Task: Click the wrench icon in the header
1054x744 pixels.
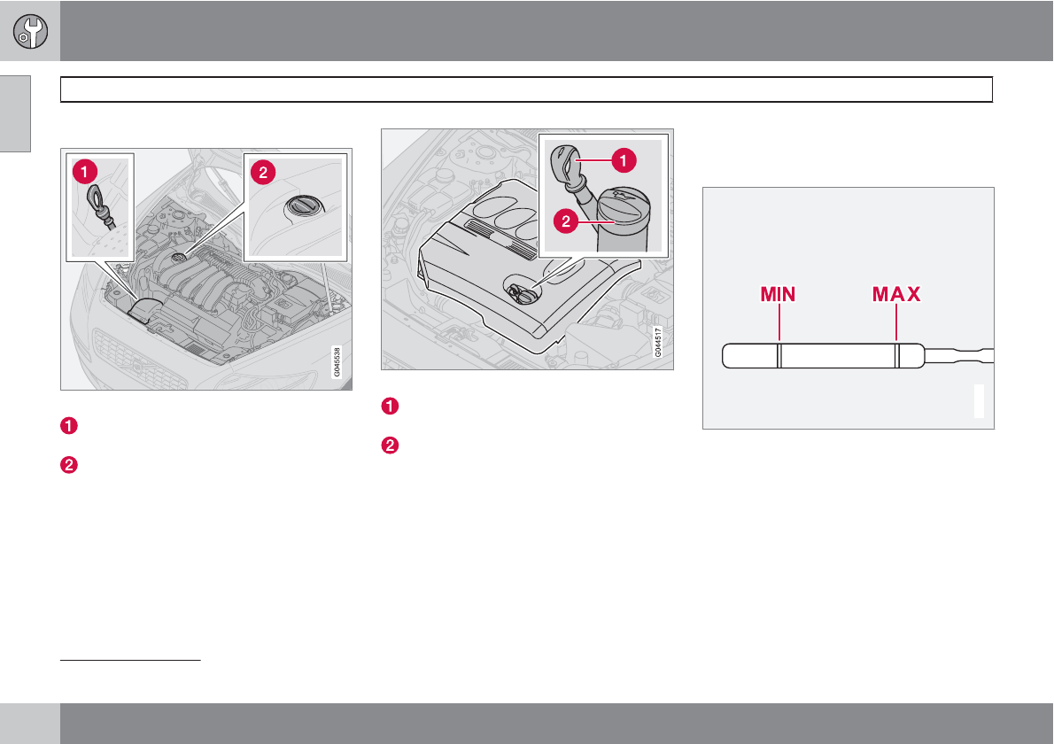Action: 30,31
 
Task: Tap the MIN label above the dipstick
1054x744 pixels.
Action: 778,294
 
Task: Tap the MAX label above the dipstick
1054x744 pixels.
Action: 896,294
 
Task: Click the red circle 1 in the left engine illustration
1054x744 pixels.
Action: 85,172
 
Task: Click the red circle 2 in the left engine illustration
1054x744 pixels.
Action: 263,173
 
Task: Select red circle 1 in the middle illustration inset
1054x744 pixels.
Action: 624,160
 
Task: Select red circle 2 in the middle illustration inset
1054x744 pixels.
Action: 566,221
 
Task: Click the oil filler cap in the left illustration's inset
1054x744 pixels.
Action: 306,205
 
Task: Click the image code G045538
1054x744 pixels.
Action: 337,362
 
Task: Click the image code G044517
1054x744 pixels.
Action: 658,342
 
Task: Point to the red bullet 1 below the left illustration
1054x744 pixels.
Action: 69,426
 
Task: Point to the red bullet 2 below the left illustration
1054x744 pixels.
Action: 69,465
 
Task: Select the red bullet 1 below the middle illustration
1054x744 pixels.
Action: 390,407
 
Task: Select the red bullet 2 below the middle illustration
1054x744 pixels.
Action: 390,446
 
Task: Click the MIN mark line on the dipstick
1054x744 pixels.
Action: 779,355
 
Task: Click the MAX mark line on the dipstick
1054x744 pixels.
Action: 896,355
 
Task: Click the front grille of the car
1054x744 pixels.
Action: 138,360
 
